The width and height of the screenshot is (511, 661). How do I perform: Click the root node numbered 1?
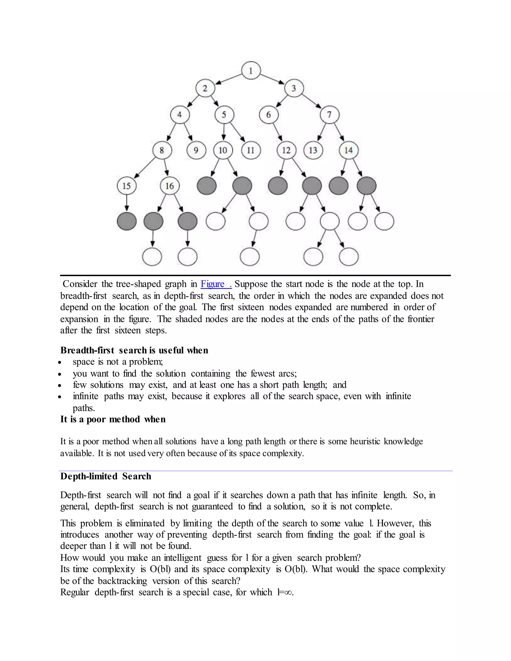coord(251,71)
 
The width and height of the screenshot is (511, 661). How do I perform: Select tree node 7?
coord(329,115)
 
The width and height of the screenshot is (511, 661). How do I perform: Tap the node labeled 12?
coord(286,150)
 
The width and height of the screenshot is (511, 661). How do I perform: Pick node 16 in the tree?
coord(169,186)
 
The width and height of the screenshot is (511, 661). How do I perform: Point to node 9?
coord(196,150)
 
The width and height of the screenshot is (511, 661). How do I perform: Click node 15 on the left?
coord(127,186)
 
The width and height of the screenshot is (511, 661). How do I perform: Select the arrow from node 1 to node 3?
coord(272,79)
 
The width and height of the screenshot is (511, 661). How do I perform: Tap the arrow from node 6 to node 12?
coord(278,132)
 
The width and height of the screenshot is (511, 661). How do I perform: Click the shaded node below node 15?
coord(127,221)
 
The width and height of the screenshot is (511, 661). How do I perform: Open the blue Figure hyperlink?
coord(216,284)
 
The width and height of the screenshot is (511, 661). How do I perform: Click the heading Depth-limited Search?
coord(106,476)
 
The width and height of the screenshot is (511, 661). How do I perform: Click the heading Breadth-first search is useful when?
coord(134,350)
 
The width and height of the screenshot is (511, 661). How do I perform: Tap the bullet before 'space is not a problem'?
coord(60,362)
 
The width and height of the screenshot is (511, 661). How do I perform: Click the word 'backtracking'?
coord(122,581)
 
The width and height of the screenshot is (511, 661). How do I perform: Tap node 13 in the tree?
coord(313,150)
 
